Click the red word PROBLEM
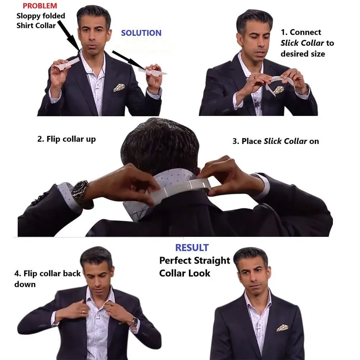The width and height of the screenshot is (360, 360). pos(40,6)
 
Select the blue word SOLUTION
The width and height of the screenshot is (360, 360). pos(141,33)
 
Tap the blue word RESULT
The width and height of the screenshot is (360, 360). pos(192,248)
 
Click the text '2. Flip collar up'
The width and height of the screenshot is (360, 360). pos(67,139)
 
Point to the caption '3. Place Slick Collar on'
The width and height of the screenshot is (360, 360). pos(275,141)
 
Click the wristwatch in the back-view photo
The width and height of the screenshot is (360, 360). pos(80,193)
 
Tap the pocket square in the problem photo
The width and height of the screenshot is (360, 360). pos(119,87)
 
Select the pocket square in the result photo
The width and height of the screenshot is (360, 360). pos(282,328)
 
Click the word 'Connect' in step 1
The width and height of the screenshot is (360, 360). pos(305,32)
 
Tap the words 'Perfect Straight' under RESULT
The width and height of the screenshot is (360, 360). pos(194,260)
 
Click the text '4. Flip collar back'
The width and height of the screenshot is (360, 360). pos(48,273)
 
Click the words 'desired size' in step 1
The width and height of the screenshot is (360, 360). pos(303,54)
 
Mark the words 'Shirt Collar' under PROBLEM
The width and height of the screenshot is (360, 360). pos(36,26)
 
